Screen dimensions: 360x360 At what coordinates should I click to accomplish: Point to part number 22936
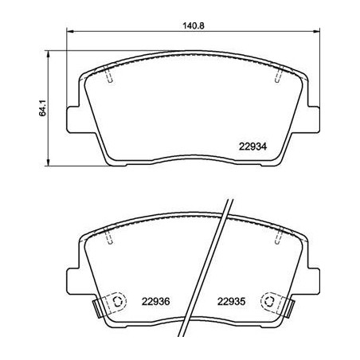point(156,302)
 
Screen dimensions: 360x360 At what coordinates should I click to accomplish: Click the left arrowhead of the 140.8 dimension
point(68,33)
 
